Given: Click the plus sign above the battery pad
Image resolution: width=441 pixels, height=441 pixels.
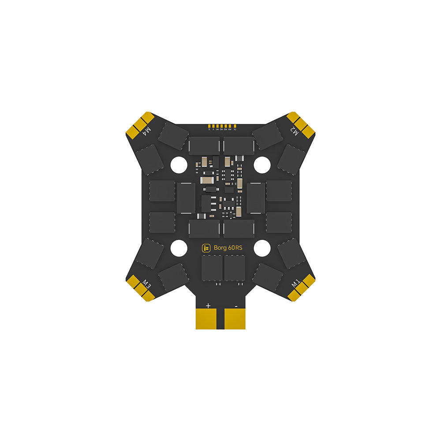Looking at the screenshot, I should tap(208, 305).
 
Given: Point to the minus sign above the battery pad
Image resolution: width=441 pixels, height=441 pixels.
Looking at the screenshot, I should tap(236, 305).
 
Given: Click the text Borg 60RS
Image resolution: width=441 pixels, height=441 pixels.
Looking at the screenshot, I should tap(228, 248).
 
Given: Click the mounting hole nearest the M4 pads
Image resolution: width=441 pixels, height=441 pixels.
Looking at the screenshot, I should tap(179, 164).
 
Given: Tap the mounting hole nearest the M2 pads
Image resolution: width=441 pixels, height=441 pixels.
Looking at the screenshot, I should tap(262, 164).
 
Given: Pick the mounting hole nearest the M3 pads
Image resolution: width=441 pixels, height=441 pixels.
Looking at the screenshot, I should tap(179, 248).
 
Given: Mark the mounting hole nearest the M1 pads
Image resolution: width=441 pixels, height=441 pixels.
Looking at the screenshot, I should tap(262, 248).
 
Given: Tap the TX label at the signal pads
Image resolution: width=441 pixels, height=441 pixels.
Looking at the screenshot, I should tap(235, 129).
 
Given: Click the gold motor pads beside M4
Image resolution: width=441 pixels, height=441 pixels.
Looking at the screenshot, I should tap(140, 124).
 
